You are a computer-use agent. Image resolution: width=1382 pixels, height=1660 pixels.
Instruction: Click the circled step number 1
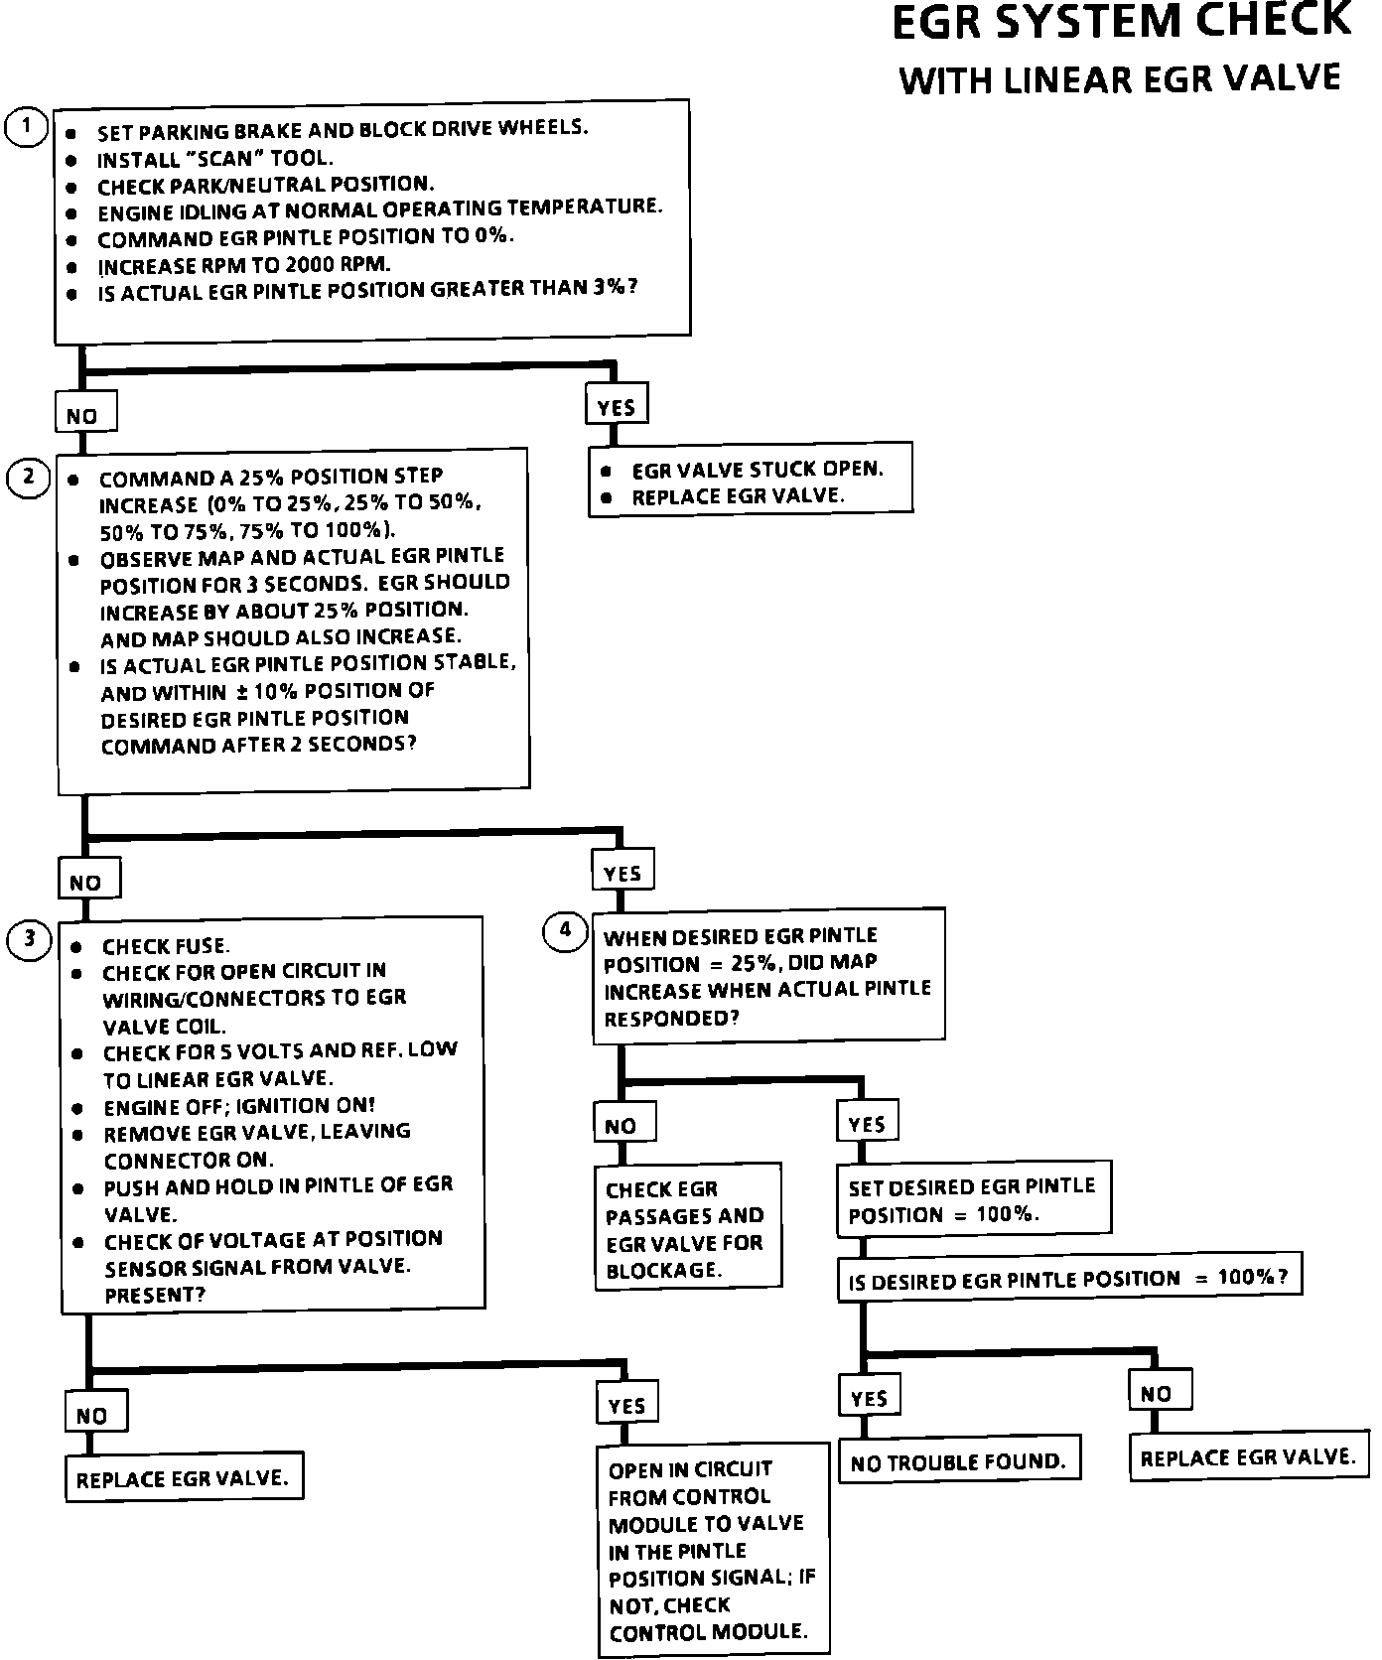(x=27, y=127)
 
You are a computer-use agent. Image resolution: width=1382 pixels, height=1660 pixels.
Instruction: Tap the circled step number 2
(x=29, y=478)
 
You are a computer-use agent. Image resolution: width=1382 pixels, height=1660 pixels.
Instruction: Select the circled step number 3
(x=29, y=939)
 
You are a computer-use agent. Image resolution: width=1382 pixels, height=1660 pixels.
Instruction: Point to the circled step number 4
(x=566, y=931)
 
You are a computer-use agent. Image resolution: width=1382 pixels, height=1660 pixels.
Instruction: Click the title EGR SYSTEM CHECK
(x=1121, y=22)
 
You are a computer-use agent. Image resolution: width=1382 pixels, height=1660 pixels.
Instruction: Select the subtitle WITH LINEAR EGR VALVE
(x=1120, y=79)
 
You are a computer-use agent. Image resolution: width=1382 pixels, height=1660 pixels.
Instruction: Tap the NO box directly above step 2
(x=84, y=415)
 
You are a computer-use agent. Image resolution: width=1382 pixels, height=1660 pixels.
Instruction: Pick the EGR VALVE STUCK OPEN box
(x=751, y=482)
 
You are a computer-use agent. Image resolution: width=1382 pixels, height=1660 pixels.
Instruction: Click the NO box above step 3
(x=87, y=880)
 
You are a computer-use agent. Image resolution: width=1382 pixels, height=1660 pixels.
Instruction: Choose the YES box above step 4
(x=622, y=872)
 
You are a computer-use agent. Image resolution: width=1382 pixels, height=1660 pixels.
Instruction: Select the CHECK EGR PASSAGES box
(x=687, y=1227)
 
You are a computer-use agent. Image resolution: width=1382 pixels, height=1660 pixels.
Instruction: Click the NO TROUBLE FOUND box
(x=958, y=1461)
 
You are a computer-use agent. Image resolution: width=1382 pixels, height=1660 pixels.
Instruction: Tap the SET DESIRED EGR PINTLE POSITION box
(x=972, y=1199)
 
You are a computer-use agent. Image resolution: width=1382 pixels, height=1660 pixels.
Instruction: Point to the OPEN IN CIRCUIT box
(x=711, y=1549)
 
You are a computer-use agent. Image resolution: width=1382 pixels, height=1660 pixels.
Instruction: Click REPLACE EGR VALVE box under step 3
(x=183, y=1478)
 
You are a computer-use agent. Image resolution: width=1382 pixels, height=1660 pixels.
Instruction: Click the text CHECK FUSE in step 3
(x=166, y=946)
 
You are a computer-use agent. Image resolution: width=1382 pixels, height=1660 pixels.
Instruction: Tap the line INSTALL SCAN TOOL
(x=214, y=158)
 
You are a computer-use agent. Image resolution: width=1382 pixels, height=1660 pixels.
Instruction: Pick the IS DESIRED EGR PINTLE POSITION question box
(x=1068, y=1279)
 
